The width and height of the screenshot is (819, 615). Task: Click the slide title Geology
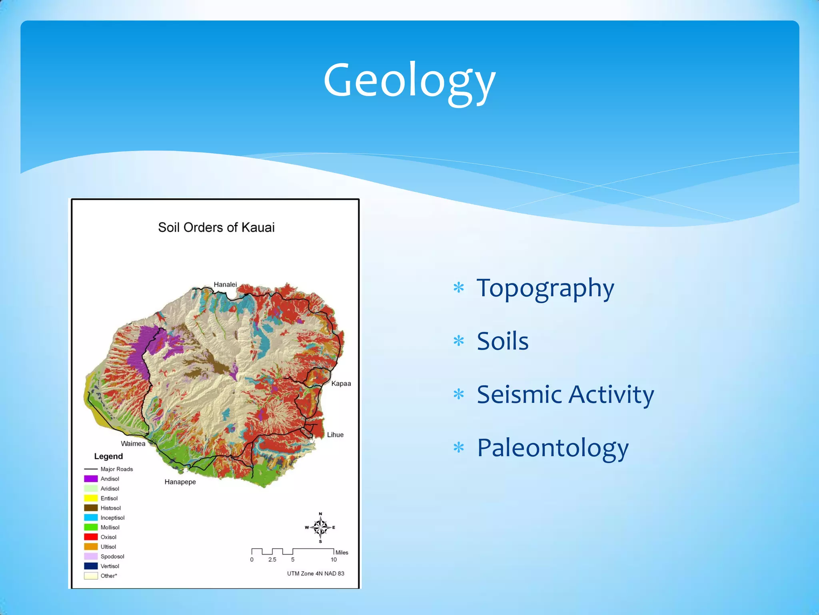(x=409, y=80)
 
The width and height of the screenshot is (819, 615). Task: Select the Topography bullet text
(x=545, y=288)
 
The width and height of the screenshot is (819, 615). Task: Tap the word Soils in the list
(x=503, y=341)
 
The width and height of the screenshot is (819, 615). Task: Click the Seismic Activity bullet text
(x=565, y=395)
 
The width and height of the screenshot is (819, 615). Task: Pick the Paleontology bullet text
(x=553, y=448)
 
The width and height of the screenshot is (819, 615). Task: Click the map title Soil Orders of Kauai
(x=216, y=227)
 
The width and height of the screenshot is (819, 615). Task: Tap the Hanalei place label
(x=225, y=284)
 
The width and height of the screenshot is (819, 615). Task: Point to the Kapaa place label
(x=341, y=384)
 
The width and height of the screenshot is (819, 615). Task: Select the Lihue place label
(x=335, y=435)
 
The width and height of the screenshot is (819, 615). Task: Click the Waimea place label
(x=133, y=444)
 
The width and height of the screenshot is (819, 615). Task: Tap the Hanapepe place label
(x=180, y=482)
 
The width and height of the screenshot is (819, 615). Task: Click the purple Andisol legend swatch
(x=91, y=479)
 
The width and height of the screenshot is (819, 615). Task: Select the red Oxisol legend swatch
(x=91, y=537)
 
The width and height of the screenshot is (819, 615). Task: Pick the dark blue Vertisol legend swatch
(x=91, y=566)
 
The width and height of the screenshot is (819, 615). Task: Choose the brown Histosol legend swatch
(x=91, y=508)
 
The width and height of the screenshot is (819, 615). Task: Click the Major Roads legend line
(x=91, y=469)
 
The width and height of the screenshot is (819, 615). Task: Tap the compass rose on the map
(x=320, y=527)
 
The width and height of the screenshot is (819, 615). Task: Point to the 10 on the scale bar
(x=334, y=560)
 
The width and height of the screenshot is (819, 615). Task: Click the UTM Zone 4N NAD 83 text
(x=316, y=573)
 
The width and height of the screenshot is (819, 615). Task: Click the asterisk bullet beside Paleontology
(x=459, y=448)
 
